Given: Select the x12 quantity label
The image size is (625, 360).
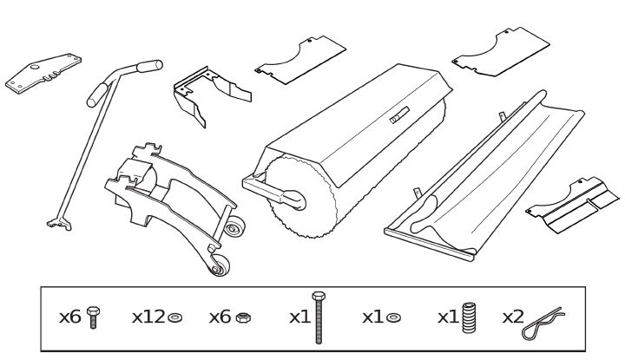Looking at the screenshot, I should coord(148,317).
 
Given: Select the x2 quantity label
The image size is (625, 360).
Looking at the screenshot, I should coord(513,317).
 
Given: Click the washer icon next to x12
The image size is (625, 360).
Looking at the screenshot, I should coord(175,318).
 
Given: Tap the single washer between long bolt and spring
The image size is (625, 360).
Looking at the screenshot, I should coord(395,318).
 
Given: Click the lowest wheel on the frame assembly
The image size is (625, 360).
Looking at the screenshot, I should coord(218,266).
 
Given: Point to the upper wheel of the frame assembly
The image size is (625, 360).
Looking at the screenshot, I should coord(234,229).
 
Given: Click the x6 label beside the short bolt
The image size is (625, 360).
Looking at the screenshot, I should coord(69,317).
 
